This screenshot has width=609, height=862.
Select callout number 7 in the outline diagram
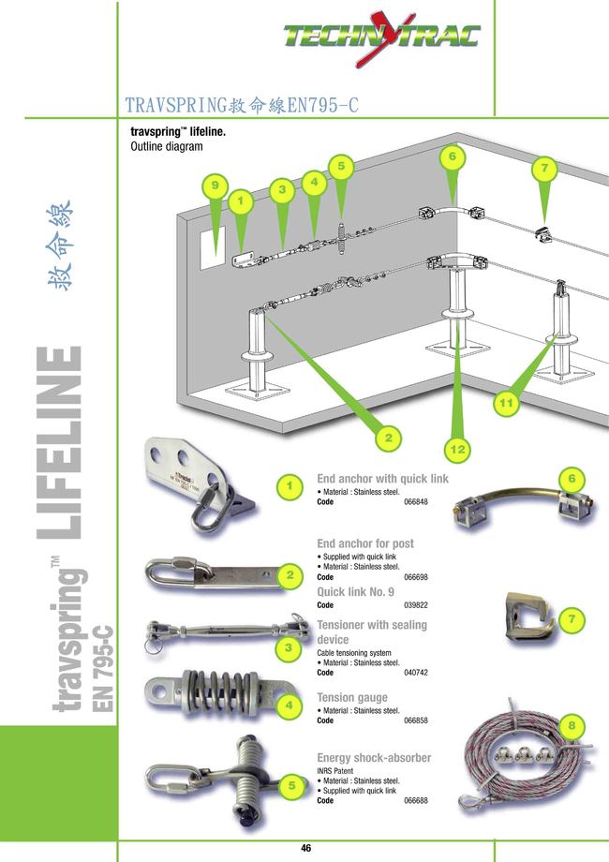point(544,169)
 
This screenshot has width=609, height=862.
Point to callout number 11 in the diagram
point(506,402)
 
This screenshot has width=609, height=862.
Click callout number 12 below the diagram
point(457,451)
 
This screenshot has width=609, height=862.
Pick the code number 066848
point(415,502)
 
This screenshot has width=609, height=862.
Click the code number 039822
point(415,605)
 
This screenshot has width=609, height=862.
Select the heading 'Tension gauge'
point(352,698)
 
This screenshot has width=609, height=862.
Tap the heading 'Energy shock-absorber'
point(374,757)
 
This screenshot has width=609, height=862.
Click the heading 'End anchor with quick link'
point(382,479)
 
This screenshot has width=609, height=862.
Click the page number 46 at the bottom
point(305,848)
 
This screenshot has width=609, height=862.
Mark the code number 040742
point(415,673)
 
